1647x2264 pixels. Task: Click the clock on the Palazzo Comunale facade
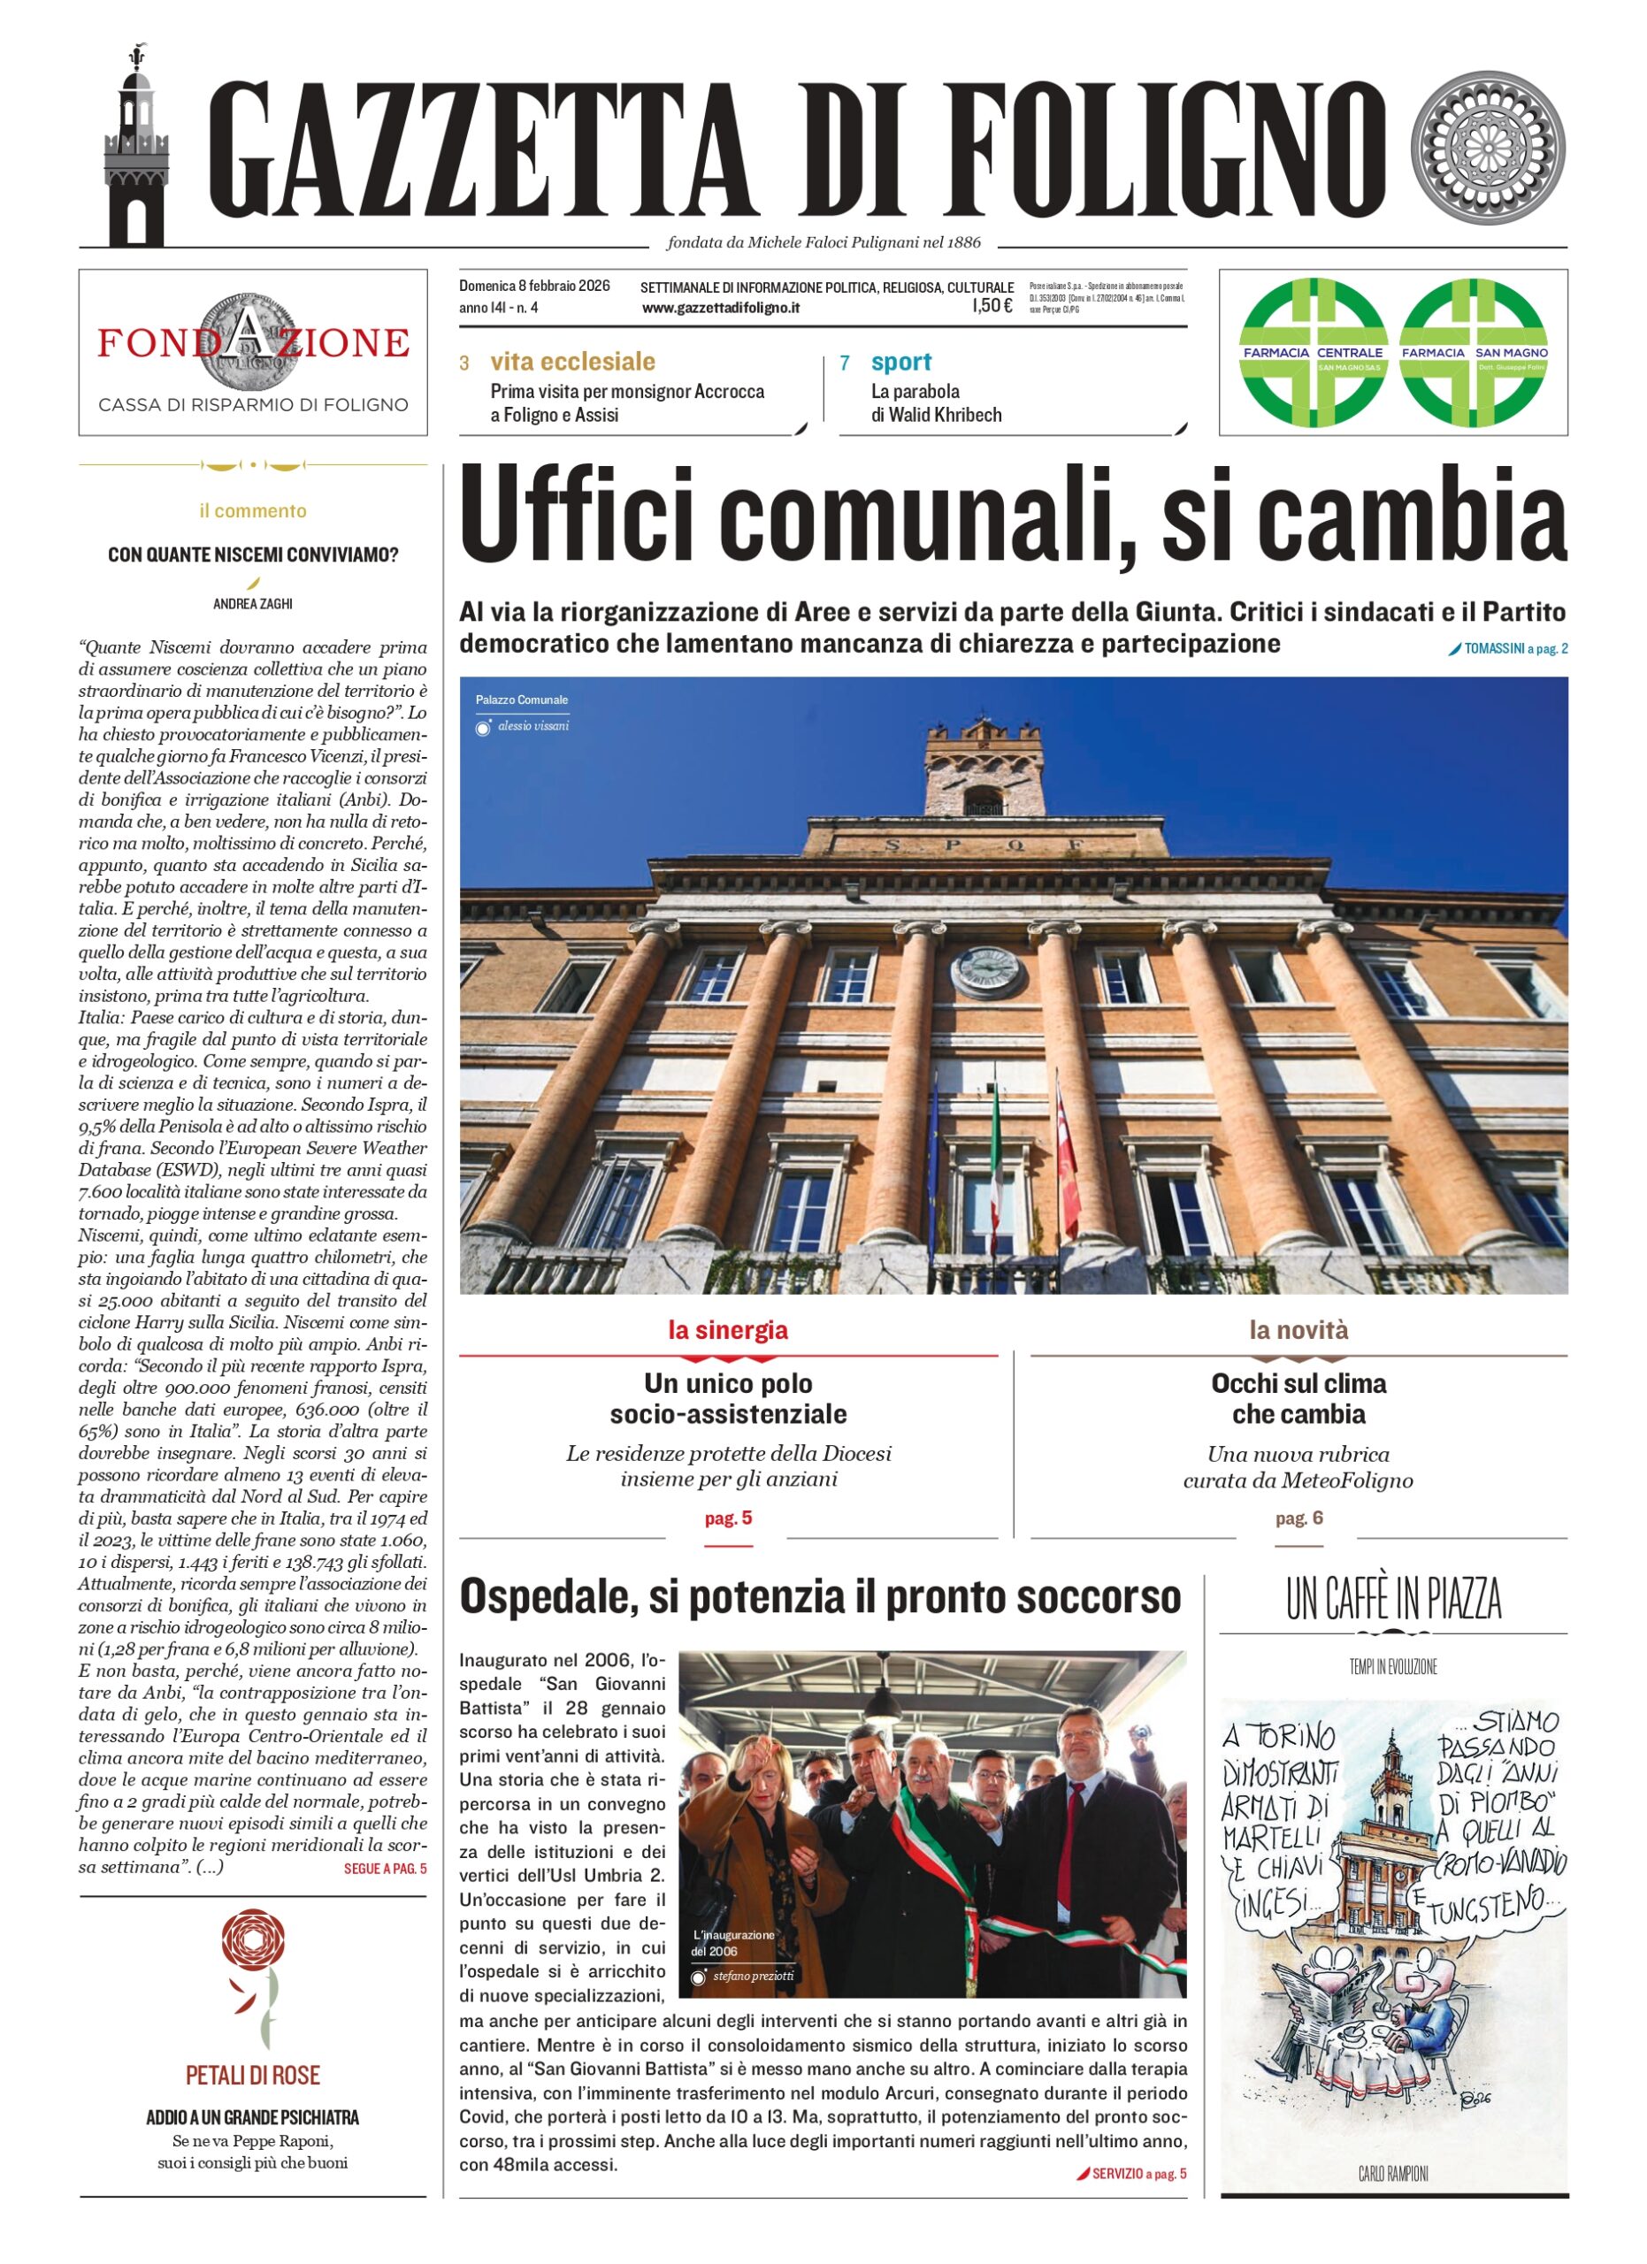988,970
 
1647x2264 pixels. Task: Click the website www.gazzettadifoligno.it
721,309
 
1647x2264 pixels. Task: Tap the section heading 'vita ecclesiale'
572,362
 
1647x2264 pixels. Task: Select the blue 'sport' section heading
900,362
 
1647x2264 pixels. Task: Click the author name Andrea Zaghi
253,604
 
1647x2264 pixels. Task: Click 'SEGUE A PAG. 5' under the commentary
384,1869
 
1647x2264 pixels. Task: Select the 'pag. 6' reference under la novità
1298,1518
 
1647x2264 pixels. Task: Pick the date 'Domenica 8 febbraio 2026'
534,287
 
